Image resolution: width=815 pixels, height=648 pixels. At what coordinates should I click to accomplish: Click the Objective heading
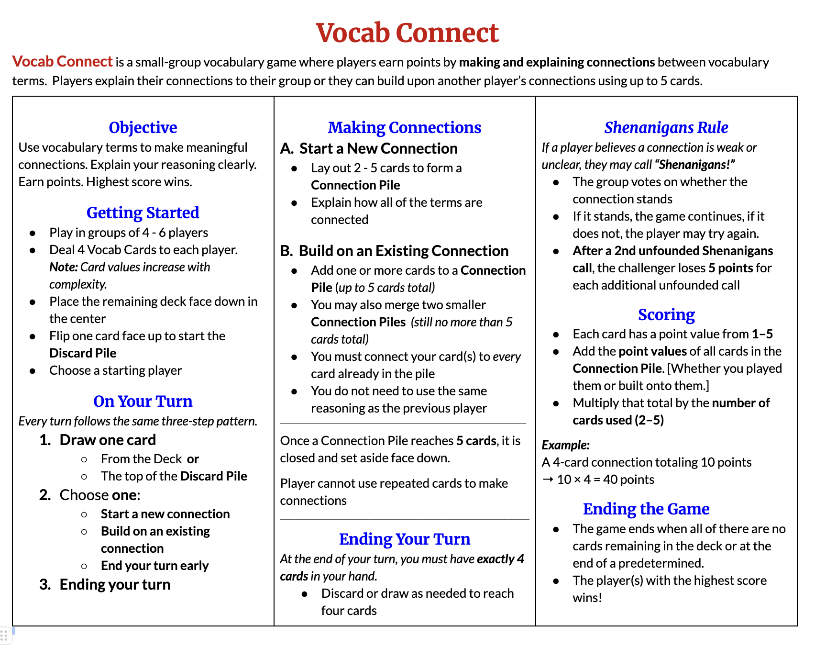[143, 127]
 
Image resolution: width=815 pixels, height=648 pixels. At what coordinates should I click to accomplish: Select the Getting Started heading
[143, 212]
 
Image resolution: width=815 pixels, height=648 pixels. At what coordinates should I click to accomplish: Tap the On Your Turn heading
[143, 401]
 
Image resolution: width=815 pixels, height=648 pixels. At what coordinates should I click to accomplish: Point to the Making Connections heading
[404, 127]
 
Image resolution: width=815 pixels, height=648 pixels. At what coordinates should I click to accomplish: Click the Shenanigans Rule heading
[666, 127]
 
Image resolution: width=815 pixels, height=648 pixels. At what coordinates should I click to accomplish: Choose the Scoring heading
[666, 314]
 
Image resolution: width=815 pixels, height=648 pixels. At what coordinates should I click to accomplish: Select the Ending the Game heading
[646, 509]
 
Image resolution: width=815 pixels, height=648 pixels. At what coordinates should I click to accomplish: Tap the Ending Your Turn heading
[404, 539]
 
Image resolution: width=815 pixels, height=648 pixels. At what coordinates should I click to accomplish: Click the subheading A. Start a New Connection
[369, 148]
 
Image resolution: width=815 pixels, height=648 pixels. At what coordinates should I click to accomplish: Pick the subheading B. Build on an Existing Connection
[394, 251]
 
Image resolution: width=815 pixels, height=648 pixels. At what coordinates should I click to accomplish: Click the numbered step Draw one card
[108, 440]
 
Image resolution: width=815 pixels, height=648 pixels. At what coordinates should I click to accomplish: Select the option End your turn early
[154, 566]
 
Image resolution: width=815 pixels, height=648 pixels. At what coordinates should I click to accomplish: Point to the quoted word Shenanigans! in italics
[696, 165]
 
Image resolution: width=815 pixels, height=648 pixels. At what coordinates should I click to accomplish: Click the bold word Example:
[565, 445]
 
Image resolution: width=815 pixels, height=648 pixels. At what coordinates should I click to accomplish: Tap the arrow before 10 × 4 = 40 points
[548, 480]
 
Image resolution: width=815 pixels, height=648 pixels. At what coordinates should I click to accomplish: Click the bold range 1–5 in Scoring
[762, 334]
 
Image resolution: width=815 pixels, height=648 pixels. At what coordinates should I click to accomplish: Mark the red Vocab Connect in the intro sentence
[62, 62]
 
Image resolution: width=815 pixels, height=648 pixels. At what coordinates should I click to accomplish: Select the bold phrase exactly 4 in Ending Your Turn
[500, 559]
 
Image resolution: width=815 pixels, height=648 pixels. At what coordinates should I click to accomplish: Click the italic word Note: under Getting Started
[63, 267]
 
